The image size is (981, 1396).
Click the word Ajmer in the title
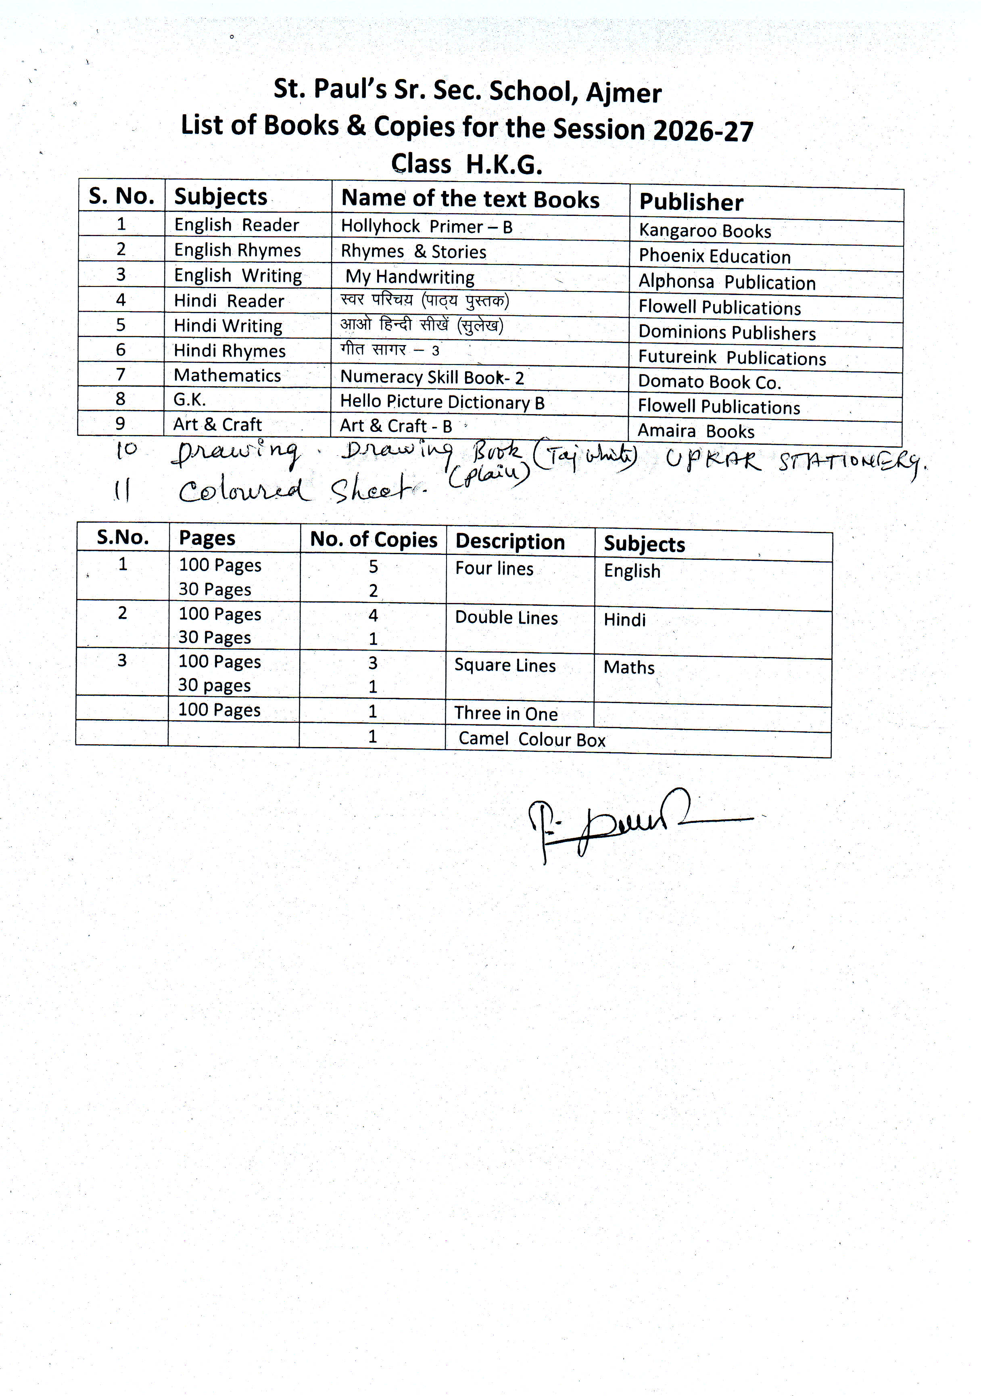(624, 93)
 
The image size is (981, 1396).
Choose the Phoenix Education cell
(714, 257)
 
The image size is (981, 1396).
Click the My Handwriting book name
(410, 277)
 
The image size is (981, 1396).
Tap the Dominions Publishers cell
(727, 333)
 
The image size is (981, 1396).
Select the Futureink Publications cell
(732, 358)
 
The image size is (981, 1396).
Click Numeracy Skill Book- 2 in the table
(432, 378)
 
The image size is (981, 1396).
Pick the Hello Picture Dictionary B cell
(442, 402)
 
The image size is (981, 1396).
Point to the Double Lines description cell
(506, 618)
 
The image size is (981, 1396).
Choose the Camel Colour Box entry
(532, 739)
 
